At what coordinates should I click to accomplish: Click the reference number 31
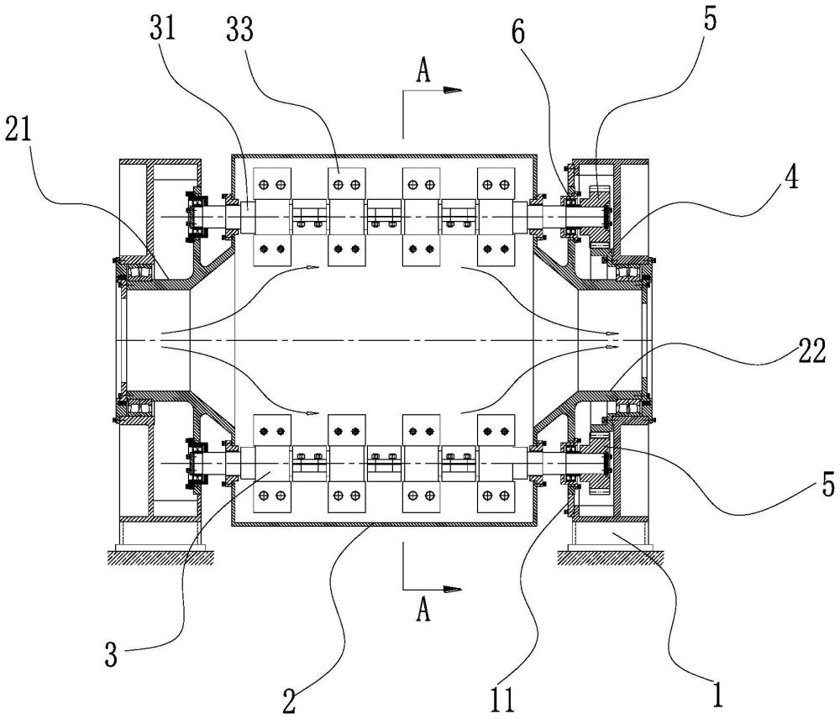point(162,28)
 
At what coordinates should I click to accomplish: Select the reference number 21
point(18,129)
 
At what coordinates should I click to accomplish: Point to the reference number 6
point(518,34)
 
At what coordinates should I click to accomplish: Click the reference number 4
point(792,177)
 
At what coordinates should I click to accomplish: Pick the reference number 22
point(812,353)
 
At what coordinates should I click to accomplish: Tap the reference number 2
point(289,701)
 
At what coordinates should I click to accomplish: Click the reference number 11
point(502,699)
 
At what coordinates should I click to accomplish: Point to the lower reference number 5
point(828,485)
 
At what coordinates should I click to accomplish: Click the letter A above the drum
point(423,71)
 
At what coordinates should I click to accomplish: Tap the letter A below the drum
point(423,610)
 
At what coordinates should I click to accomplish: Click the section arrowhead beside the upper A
point(452,91)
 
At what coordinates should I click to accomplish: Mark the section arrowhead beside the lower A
point(452,590)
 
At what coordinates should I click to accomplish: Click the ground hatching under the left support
point(160,557)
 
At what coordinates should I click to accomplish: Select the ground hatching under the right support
point(611,557)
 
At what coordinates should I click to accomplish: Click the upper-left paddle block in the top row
point(272,185)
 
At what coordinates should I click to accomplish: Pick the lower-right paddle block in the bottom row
point(496,498)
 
